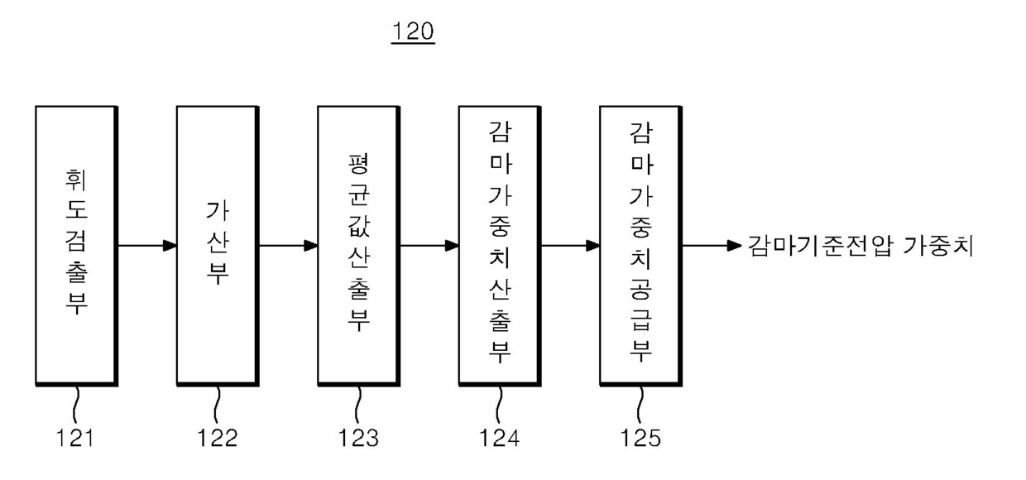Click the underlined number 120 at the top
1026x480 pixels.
click(413, 32)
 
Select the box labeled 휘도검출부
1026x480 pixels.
click(76, 245)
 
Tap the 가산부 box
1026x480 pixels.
click(217, 245)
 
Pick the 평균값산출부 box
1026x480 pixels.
click(358, 245)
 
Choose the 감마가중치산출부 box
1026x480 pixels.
click(499, 245)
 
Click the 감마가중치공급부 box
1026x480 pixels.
click(640, 245)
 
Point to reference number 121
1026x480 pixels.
click(75, 438)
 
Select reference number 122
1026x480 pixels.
click(218, 438)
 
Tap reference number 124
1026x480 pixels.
click(500, 438)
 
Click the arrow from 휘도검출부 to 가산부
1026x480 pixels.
click(146, 246)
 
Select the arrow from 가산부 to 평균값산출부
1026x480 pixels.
click(288, 246)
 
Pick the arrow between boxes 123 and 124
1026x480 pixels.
click(429, 246)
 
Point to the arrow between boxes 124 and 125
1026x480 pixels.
click(569, 246)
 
